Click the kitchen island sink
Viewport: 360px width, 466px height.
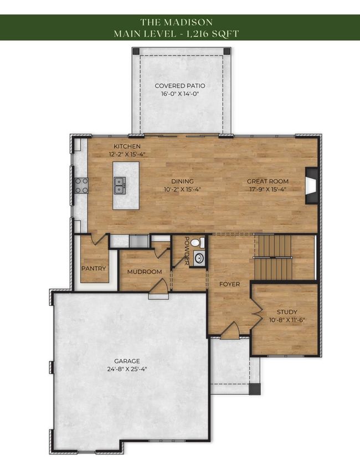(x=120, y=185)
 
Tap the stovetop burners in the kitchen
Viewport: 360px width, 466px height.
(x=81, y=186)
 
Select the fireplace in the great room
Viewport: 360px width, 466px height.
(x=312, y=186)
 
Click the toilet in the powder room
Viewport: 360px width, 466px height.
(x=198, y=243)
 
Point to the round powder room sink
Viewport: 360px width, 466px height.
(x=199, y=258)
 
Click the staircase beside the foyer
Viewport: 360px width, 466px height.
(x=273, y=257)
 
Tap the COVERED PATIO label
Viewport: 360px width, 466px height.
(x=180, y=86)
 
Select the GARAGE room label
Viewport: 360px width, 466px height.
(x=127, y=361)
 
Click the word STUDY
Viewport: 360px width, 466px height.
(x=287, y=312)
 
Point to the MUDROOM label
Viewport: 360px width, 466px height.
(x=145, y=272)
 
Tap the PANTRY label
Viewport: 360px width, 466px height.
(x=94, y=268)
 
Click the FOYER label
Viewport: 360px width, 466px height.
(x=230, y=284)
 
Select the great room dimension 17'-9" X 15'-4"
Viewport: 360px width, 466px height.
(x=268, y=190)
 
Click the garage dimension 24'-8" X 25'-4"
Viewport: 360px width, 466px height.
(x=127, y=370)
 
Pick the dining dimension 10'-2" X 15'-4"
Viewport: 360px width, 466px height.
(x=182, y=190)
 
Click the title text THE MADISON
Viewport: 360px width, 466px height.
(x=177, y=22)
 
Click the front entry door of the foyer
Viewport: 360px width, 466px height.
(x=230, y=330)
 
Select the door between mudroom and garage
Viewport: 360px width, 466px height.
(x=159, y=288)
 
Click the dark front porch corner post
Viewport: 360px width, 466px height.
(x=255, y=389)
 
